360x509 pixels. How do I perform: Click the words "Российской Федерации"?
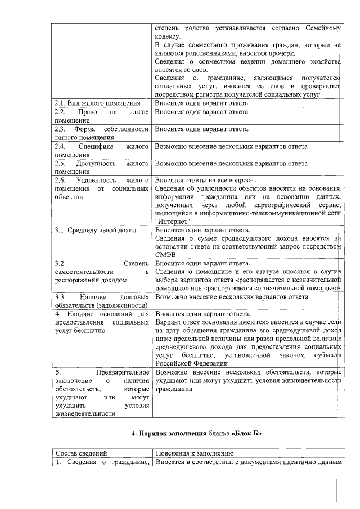[191, 364]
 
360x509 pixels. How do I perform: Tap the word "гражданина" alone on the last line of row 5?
[174, 389]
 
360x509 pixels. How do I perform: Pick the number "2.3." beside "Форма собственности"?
[61, 129]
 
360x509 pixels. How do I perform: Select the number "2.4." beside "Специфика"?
[61, 147]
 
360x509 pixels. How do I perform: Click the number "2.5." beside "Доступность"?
[61, 164]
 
